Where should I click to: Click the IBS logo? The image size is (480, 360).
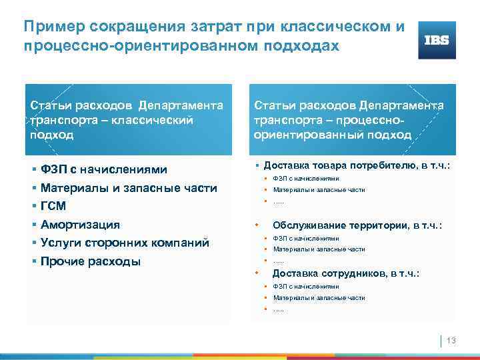click(437, 40)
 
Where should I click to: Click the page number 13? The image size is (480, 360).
click(451, 341)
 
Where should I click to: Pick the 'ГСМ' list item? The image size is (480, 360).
click(53, 207)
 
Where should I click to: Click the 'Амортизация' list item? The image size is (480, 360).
click(80, 224)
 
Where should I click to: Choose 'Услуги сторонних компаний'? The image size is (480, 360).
click(125, 242)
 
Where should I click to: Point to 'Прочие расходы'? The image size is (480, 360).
click(90, 261)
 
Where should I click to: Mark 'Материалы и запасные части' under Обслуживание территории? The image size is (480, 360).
click(319, 249)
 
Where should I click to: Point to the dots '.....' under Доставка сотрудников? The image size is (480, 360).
click(278, 309)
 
